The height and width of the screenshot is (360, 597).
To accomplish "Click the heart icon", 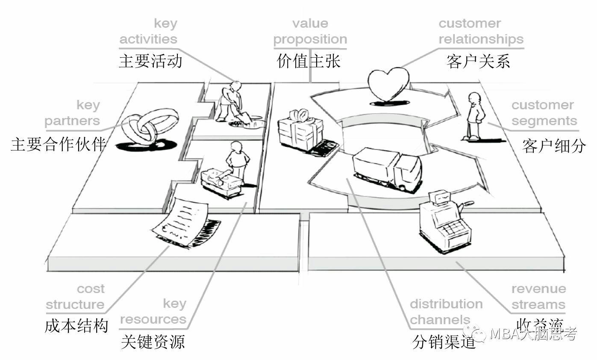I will (388, 84).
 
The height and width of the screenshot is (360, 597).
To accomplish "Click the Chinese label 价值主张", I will (309, 61).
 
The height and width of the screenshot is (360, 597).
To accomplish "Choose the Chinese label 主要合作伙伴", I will (58, 145).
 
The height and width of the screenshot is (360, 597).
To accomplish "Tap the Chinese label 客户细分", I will (554, 146).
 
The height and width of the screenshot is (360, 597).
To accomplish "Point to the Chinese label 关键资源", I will (153, 342).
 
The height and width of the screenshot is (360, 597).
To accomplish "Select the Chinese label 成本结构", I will (76, 326).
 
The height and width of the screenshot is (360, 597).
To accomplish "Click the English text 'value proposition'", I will (310, 31).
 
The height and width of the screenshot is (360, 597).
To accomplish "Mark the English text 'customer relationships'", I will (481, 31).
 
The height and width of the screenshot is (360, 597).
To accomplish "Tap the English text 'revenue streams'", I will (538, 297).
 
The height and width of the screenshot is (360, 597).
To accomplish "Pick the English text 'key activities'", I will (148, 31).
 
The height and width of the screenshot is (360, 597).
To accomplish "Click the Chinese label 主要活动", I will (150, 61).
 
